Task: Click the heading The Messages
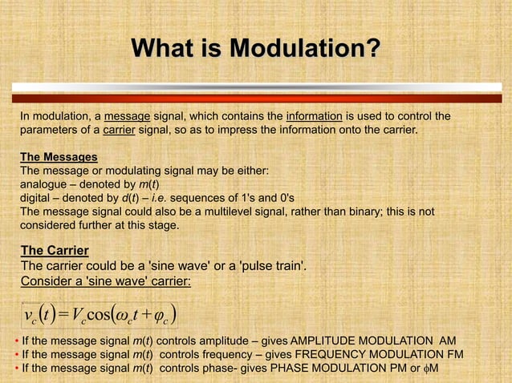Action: tap(59, 157)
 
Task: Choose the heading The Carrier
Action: tap(55, 251)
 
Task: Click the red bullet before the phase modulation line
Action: tap(16, 368)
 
